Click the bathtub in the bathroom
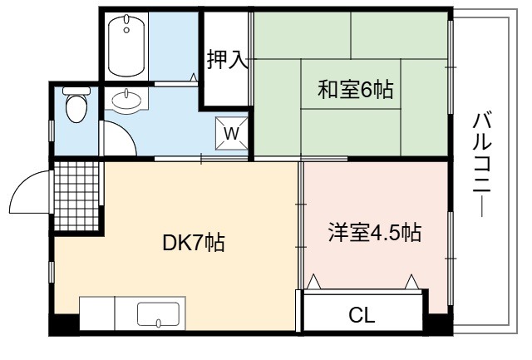click(126, 46)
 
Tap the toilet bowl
click(76, 108)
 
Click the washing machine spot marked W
click(232, 133)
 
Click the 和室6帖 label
click(355, 90)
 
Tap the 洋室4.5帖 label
click(375, 233)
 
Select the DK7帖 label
click(194, 242)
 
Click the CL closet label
click(362, 315)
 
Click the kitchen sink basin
click(158, 314)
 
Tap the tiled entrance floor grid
click(76, 196)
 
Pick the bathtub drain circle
click(126, 30)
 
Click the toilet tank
click(76, 91)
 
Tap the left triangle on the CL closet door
click(313, 282)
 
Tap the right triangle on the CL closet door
click(412, 282)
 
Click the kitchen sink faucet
click(158, 323)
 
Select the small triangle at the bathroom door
click(194, 77)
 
